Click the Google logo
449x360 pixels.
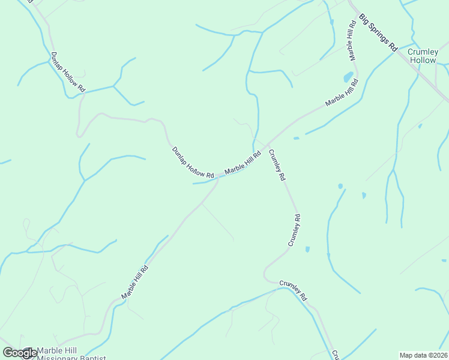tap(19, 353)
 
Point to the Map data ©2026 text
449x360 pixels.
tap(423, 355)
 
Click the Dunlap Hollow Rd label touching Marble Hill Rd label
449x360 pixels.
tap(193, 162)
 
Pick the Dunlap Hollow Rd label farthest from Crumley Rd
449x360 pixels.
tap(68, 71)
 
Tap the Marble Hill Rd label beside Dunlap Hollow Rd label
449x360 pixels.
tap(243, 163)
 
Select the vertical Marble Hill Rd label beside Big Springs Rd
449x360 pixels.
tap(351, 40)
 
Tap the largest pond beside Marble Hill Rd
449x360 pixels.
tap(348, 77)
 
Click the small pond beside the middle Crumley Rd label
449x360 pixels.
tap(307, 249)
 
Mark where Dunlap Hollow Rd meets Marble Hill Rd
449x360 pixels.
tap(217, 178)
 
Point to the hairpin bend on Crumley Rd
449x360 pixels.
tap(266, 274)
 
